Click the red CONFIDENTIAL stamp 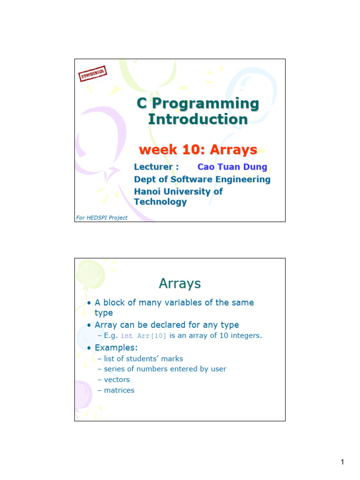coord(93,74)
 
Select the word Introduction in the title coord(197,119)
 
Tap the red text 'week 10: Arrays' coord(198,150)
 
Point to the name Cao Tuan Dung coord(232,167)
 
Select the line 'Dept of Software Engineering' coord(202,179)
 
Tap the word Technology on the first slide coord(160,202)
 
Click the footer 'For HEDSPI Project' coord(102,217)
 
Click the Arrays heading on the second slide coord(180,284)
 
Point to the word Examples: coord(116,347)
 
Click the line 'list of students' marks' coord(143,359)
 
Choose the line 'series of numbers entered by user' coord(165,369)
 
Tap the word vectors coord(117,379)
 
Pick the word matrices coord(119,390)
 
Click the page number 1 coord(343,463)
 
